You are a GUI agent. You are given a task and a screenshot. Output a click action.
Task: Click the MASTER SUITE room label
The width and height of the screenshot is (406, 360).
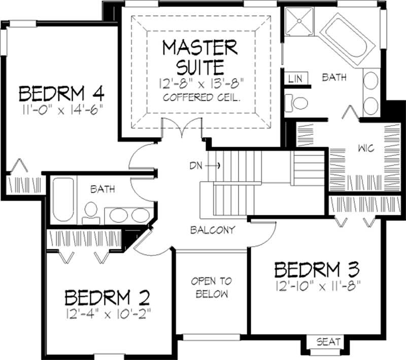point(199,56)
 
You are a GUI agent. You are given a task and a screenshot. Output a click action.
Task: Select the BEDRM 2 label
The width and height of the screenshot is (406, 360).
point(108,296)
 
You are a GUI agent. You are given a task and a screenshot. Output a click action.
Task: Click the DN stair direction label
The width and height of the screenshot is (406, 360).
point(197,166)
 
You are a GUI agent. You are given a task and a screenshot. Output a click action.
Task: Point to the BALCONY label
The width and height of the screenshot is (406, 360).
point(212,230)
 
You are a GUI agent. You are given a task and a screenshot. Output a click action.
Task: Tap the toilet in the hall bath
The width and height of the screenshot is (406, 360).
point(91,212)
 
